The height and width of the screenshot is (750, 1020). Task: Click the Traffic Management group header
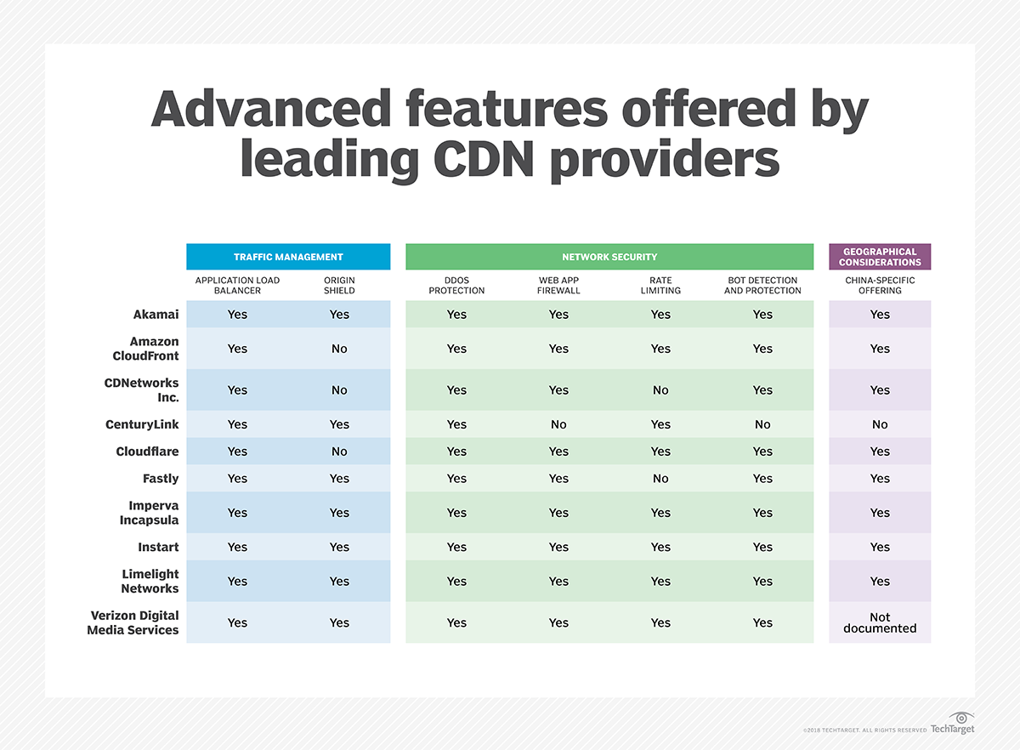click(288, 257)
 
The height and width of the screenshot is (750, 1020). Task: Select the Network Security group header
click(609, 257)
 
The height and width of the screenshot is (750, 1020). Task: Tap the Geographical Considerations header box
click(880, 257)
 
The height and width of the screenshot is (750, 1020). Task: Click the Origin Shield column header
click(339, 285)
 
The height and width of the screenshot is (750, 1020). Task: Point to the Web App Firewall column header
click(558, 285)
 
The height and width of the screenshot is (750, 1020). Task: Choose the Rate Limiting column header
click(660, 285)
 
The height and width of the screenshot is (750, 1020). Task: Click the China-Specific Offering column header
click(880, 285)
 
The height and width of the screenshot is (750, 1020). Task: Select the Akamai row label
click(156, 315)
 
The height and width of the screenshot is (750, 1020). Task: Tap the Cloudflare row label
click(147, 452)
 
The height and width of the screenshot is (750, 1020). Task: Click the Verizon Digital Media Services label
click(133, 622)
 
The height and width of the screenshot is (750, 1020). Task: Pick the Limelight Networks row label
click(150, 581)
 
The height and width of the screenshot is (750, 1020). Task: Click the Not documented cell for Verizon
click(880, 622)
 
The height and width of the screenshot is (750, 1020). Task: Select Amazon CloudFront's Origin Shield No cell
click(339, 349)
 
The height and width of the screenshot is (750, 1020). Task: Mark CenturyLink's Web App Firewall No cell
click(558, 424)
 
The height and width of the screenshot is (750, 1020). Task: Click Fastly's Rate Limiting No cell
click(660, 479)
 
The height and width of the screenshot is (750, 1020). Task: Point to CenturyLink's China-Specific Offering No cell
click(880, 424)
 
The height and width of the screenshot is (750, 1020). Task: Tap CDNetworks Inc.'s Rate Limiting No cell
click(660, 390)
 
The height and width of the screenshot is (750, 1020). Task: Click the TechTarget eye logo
click(960, 719)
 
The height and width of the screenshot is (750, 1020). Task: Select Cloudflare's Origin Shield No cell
click(339, 452)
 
